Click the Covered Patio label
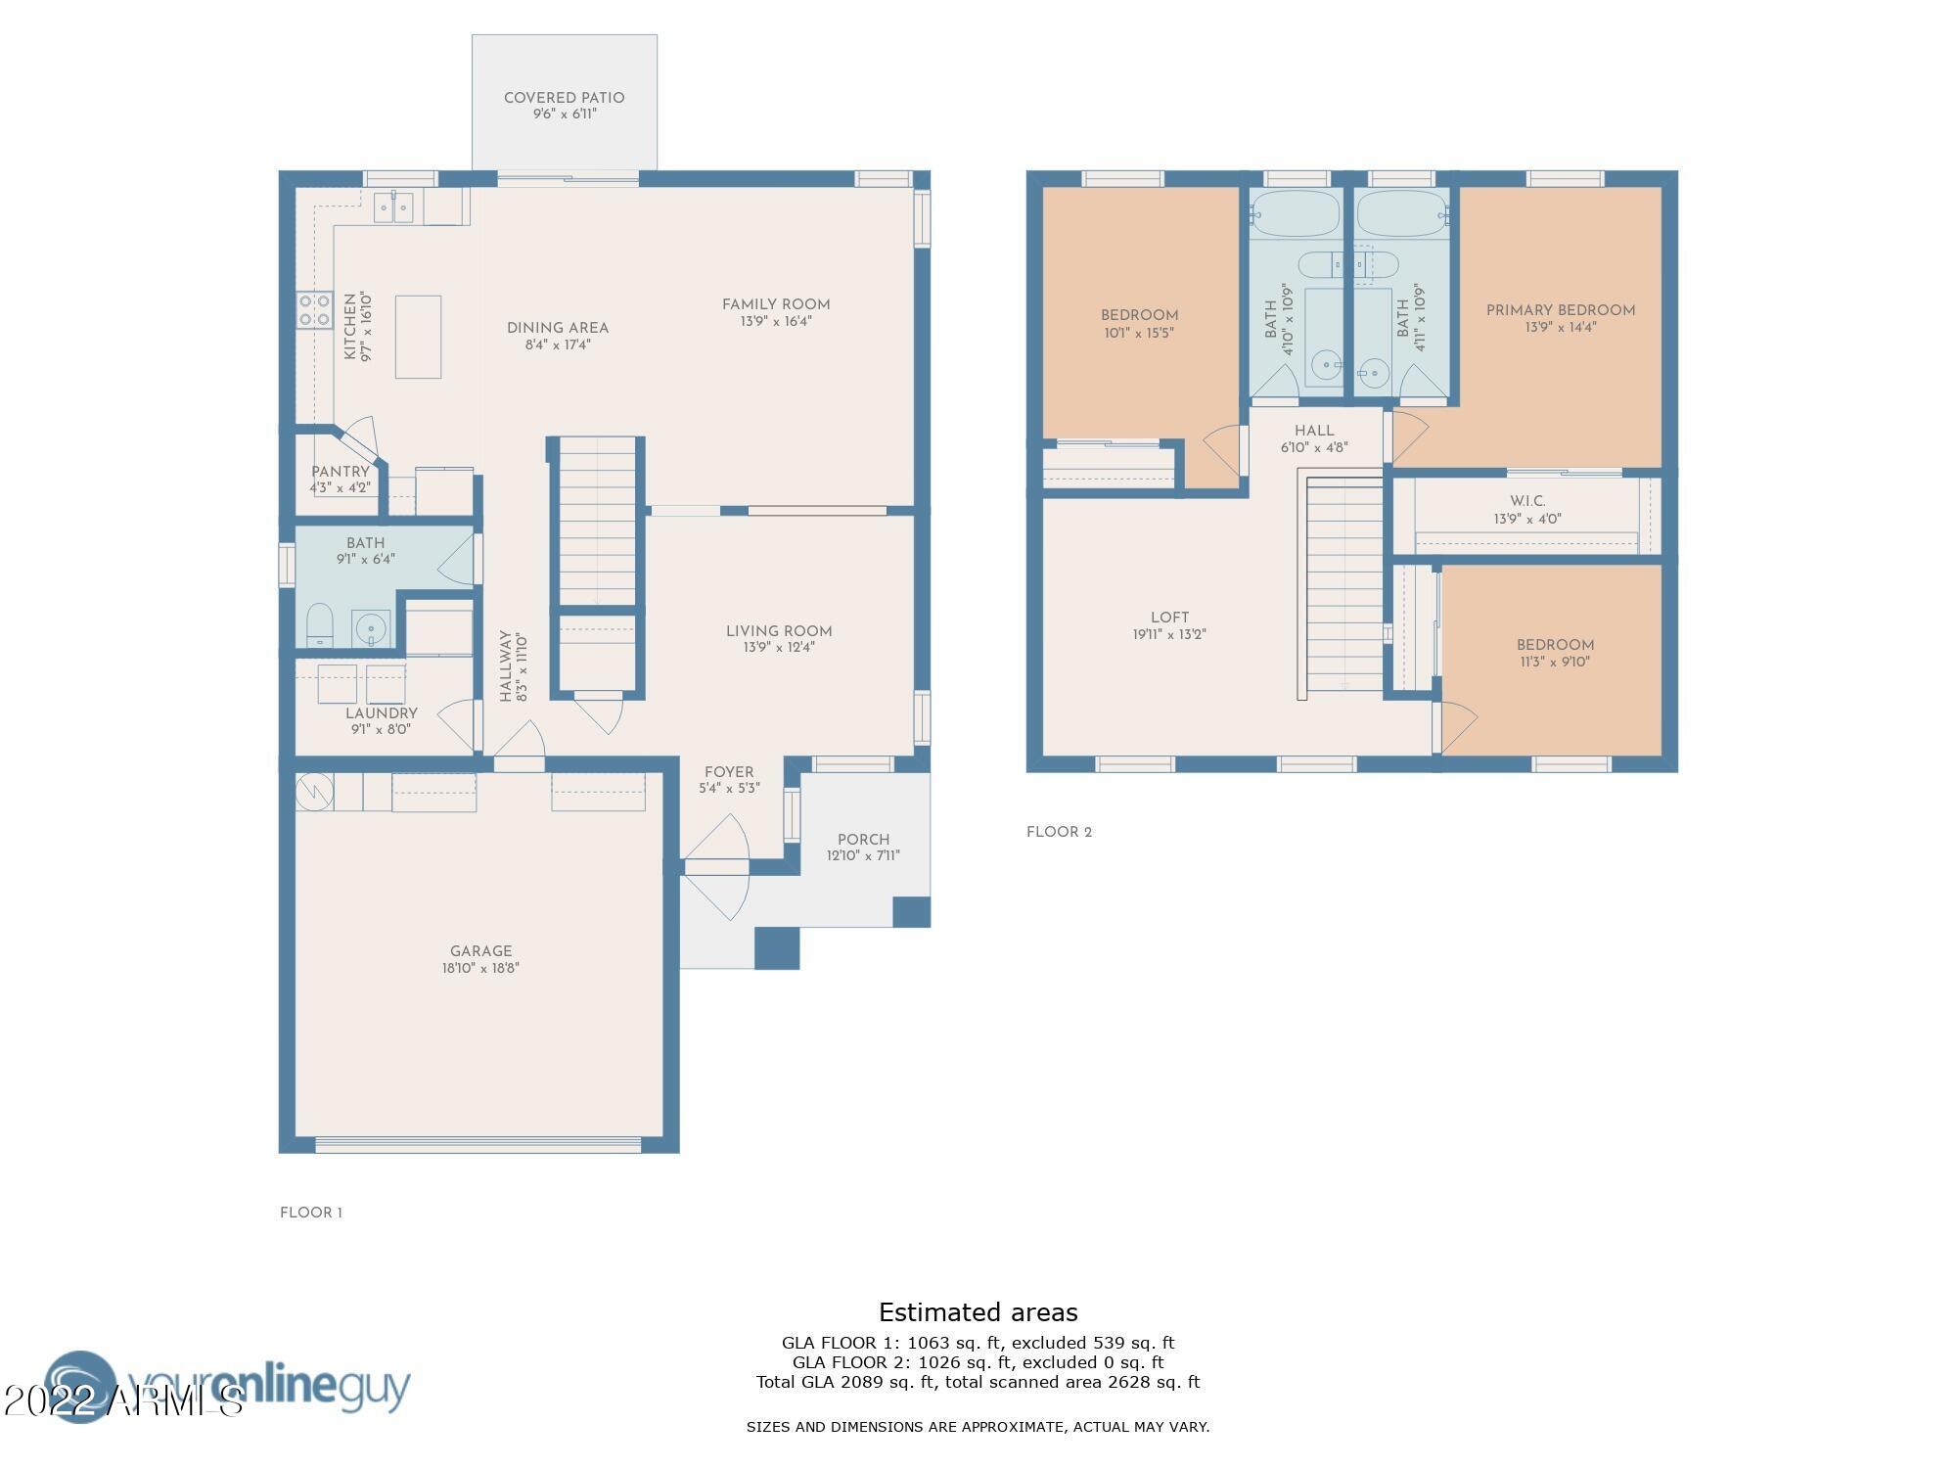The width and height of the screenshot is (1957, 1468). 564,98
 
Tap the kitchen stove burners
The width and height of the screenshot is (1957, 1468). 314,310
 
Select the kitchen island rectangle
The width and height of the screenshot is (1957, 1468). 418,337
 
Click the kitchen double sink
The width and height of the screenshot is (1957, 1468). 393,207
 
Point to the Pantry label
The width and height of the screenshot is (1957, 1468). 340,472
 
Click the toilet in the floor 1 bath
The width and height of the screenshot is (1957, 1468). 319,625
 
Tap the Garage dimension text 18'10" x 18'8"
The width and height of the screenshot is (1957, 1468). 480,968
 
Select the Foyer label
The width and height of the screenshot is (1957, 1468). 729,772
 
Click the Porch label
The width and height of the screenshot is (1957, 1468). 863,840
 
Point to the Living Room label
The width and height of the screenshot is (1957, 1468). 779,631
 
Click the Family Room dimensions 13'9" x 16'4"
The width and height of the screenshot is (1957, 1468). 776,321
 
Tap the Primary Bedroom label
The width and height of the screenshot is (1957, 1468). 1561,310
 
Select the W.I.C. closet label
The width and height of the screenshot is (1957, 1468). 1527,501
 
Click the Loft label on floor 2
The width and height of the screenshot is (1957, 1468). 1169,618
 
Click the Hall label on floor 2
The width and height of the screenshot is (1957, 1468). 1314,431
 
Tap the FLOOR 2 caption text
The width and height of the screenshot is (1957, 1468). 1059,832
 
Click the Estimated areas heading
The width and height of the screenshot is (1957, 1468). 978,1312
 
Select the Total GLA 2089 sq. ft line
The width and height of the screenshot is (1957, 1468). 978,1382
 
